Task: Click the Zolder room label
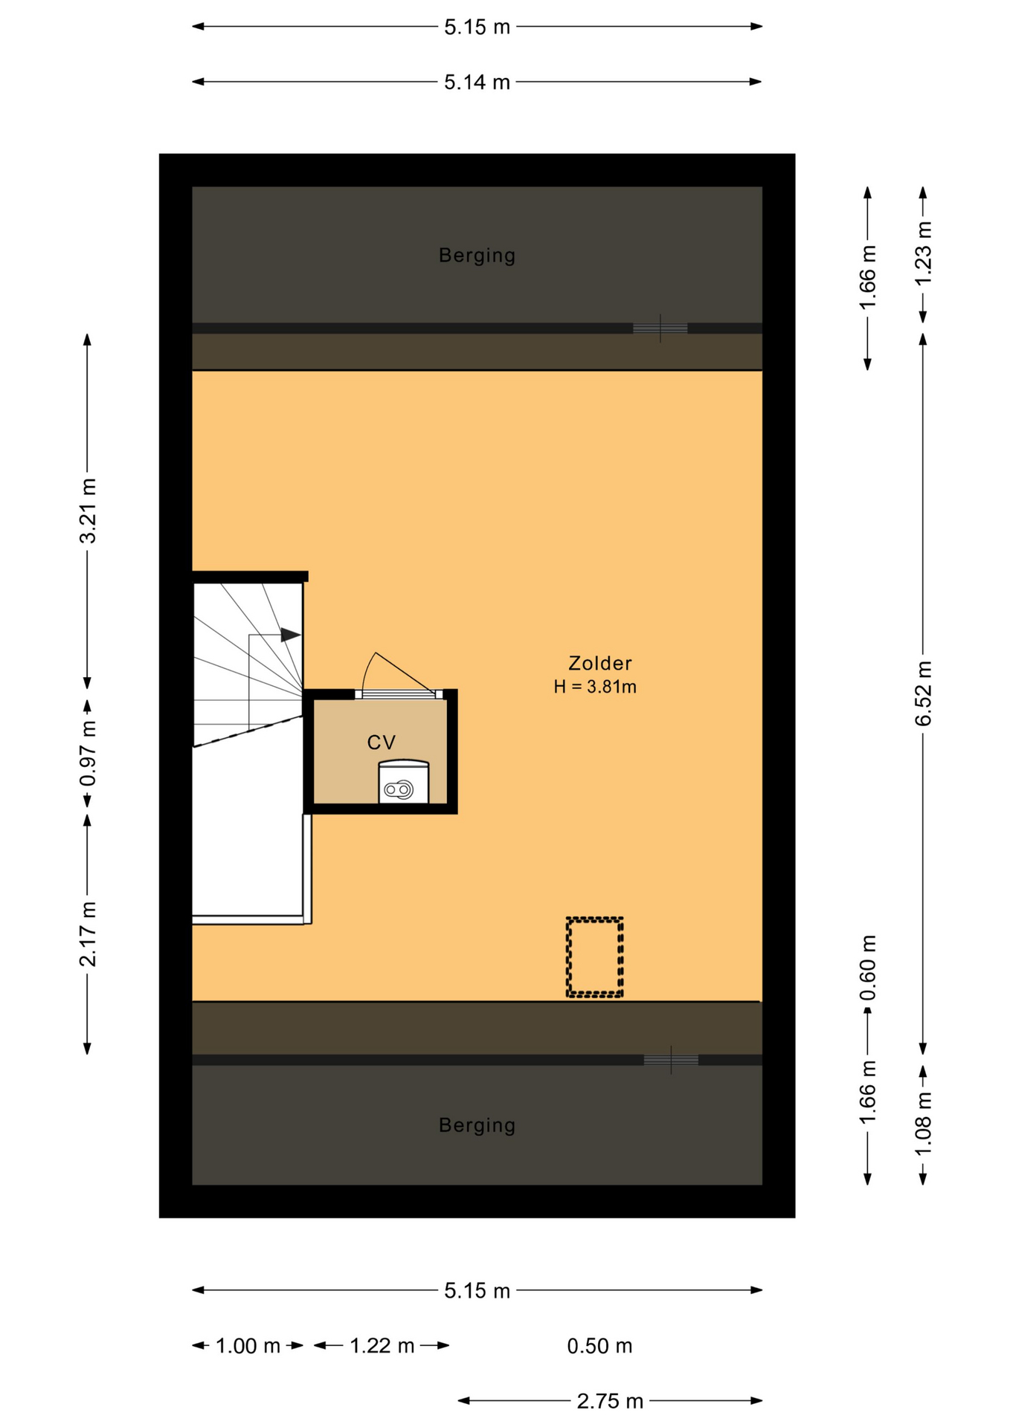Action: pos(599,663)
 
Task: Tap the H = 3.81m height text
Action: pos(595,687)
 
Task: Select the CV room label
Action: pos(382,742)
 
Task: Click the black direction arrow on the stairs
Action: pos(290,635)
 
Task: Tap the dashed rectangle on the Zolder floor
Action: pos(594,957)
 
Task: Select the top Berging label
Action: pos(477,256)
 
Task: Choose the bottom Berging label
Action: pos(477,1125)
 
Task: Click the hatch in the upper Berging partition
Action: pos(660,328)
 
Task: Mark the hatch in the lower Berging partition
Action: pos(671,1060)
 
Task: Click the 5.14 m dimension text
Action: pos(477,82)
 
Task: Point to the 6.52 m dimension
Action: pos(923,693)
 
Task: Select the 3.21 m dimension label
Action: pos(88,511)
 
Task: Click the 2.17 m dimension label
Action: pos(88,934)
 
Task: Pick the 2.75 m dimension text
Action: pos(610,1401)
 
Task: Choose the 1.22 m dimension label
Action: pos(382,1346)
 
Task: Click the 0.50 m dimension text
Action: pos(599,1346)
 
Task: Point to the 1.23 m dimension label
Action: pos(923,254)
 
